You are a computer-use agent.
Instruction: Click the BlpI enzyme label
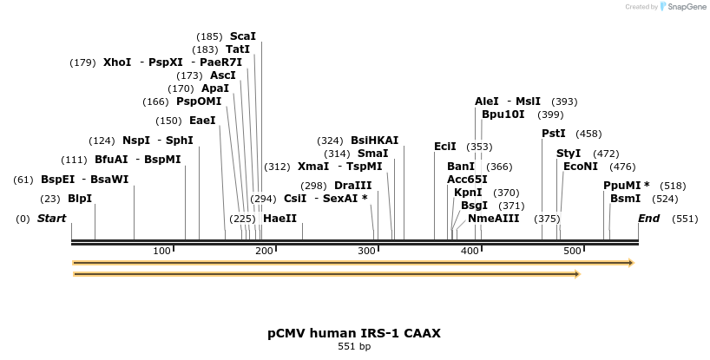point(80,198)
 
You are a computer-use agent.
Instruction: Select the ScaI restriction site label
point(243,36)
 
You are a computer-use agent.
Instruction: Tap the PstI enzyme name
point(554,134)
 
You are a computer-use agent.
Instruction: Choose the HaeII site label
point(279,219)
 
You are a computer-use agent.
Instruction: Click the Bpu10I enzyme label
point(503,115)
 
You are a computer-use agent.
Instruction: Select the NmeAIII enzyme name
point(493,219)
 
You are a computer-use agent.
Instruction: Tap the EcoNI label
point(581,167)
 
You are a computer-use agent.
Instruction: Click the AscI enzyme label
point(223,75)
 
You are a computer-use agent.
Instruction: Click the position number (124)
point(102,141)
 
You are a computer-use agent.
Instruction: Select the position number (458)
point(588,134)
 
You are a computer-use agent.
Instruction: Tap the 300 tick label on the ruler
point(366,252)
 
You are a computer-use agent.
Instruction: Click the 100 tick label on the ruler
point(162,252)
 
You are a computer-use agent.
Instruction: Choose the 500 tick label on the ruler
point(572,252)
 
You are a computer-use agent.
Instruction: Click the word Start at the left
point(51,219)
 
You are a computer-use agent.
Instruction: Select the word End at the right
point(649,219)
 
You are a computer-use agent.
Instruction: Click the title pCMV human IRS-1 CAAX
point(354,333)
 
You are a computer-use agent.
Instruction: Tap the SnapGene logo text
point(686,7)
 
